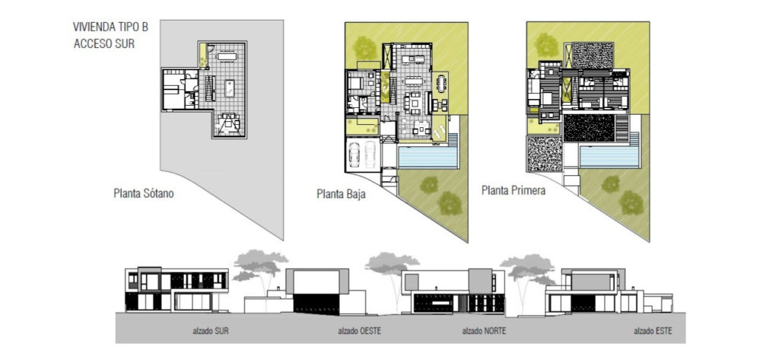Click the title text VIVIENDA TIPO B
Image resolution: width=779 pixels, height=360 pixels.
pyautogui.click(x=111, y=27)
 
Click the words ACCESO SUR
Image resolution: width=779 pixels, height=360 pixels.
pyautogui.click(x=104, y=43)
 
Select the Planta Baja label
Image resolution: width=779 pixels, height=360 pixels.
pyautogui.click(x=341, y=194)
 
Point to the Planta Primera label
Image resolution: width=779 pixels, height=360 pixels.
pyautogui.click(x=514, y=190)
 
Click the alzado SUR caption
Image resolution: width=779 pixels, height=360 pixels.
pyautogui.click(x=211, y=332)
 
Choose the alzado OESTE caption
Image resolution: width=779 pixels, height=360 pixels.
pyautogui.click(x=359, y=332)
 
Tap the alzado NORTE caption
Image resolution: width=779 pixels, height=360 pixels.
pyautogui.click(x=485, y=332)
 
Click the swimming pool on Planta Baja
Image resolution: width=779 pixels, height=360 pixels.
pyautogui.click(x=428, y=158)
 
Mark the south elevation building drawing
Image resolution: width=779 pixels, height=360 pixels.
pyautogui.click(x=176, y=289)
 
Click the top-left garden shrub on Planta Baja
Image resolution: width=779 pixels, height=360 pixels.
pyautogui.click(x=364, y=46)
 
